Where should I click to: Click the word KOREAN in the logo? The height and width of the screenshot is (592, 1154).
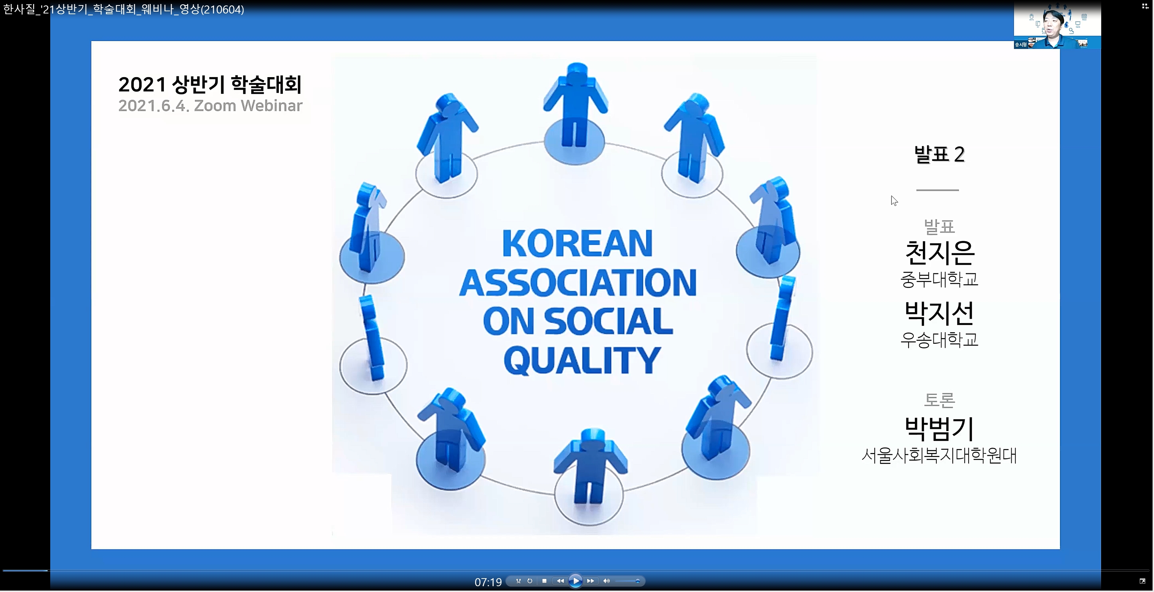[577, 244]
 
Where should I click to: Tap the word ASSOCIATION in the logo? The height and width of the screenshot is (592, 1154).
[578, 283]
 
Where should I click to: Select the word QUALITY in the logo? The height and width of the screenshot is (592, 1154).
[582, 361]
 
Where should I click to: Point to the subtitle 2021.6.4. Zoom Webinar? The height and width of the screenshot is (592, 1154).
[210, 106]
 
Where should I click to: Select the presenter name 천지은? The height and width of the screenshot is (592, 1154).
[940, 253]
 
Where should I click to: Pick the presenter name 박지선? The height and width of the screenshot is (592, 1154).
[940, 313]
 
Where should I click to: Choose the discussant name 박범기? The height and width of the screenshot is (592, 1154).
[940, 429]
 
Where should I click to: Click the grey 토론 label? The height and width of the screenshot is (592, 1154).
[940, 400]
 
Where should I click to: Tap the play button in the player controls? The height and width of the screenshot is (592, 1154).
[576, 581]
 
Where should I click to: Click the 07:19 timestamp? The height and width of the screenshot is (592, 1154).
[488, 582]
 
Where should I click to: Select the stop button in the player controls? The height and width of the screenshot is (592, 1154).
[544, 581]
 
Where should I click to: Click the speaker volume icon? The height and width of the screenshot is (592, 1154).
[606, 581]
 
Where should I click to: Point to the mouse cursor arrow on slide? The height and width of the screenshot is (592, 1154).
[894, 200]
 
